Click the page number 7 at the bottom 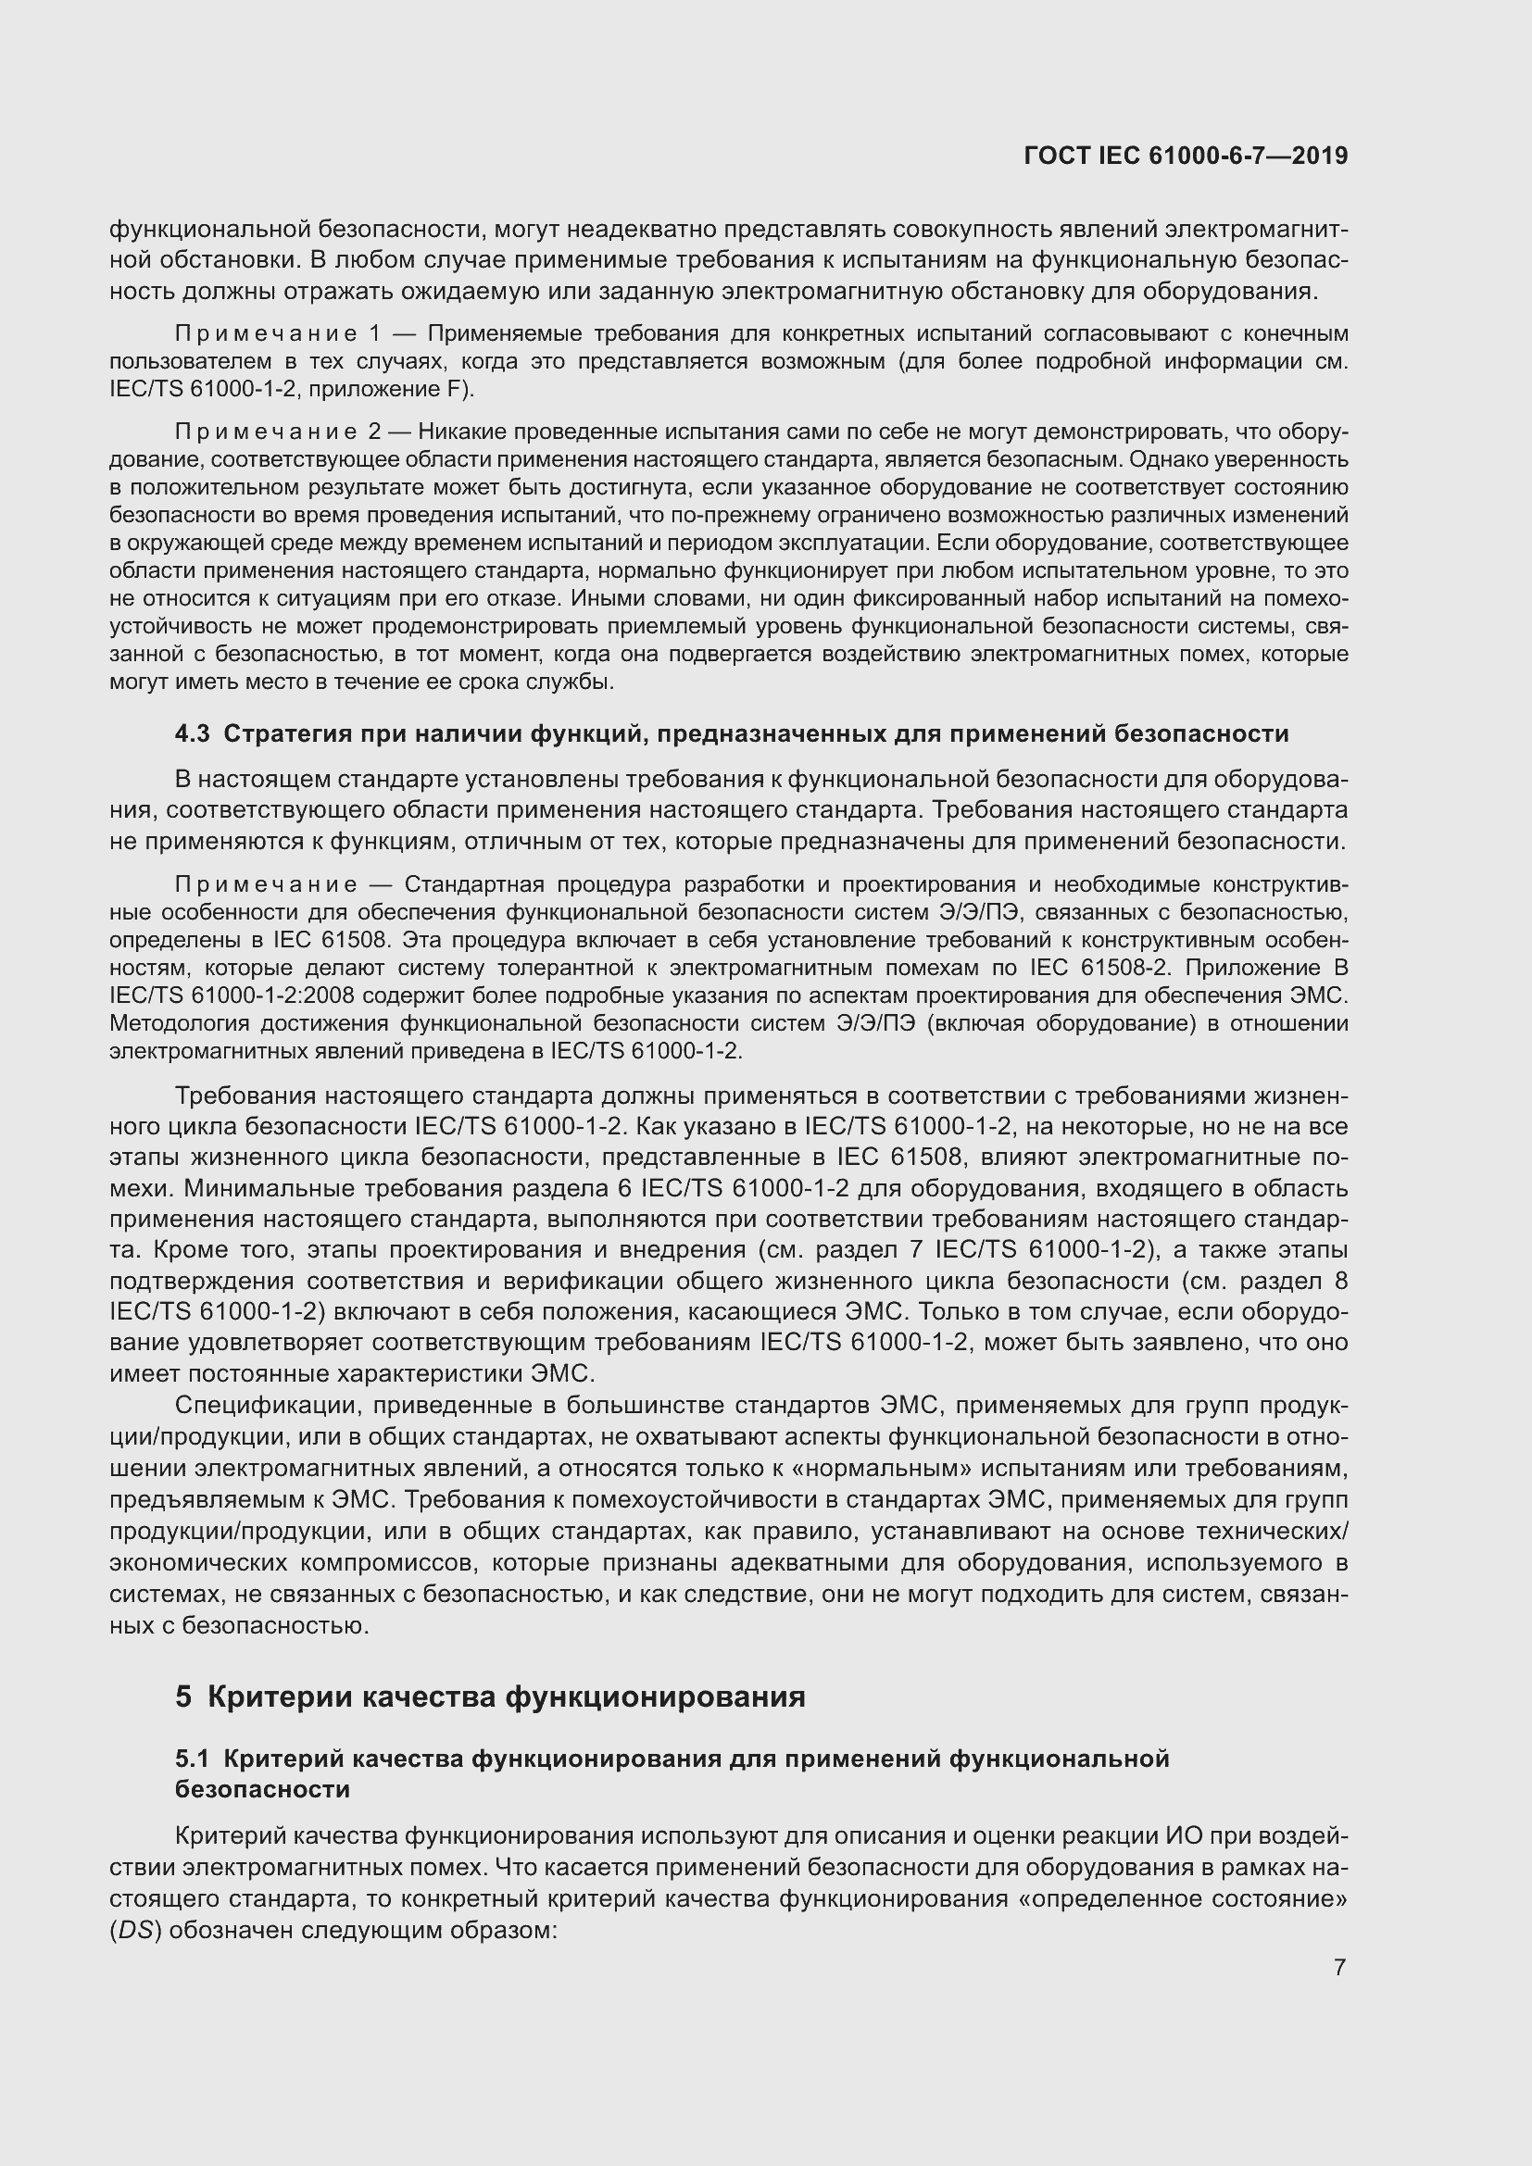(1339, 1967)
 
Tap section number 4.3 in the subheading (193, 733)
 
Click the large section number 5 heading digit (183, 1696)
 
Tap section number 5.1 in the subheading (193, 1759)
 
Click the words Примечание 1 (277, 334)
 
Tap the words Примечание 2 (277, 432)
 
